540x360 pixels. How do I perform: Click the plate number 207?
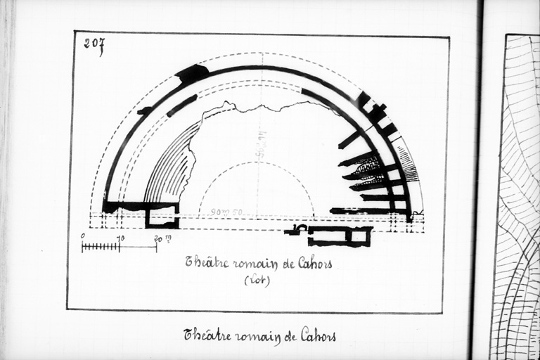click(94, 44)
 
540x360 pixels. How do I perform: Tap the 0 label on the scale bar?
click(83, 236)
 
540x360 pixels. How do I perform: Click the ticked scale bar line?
click(118, 247)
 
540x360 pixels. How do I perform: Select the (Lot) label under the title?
click(257, 280)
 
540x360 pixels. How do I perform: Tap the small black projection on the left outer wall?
click(144, 111)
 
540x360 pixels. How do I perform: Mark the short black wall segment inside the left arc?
click(181, 105)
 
